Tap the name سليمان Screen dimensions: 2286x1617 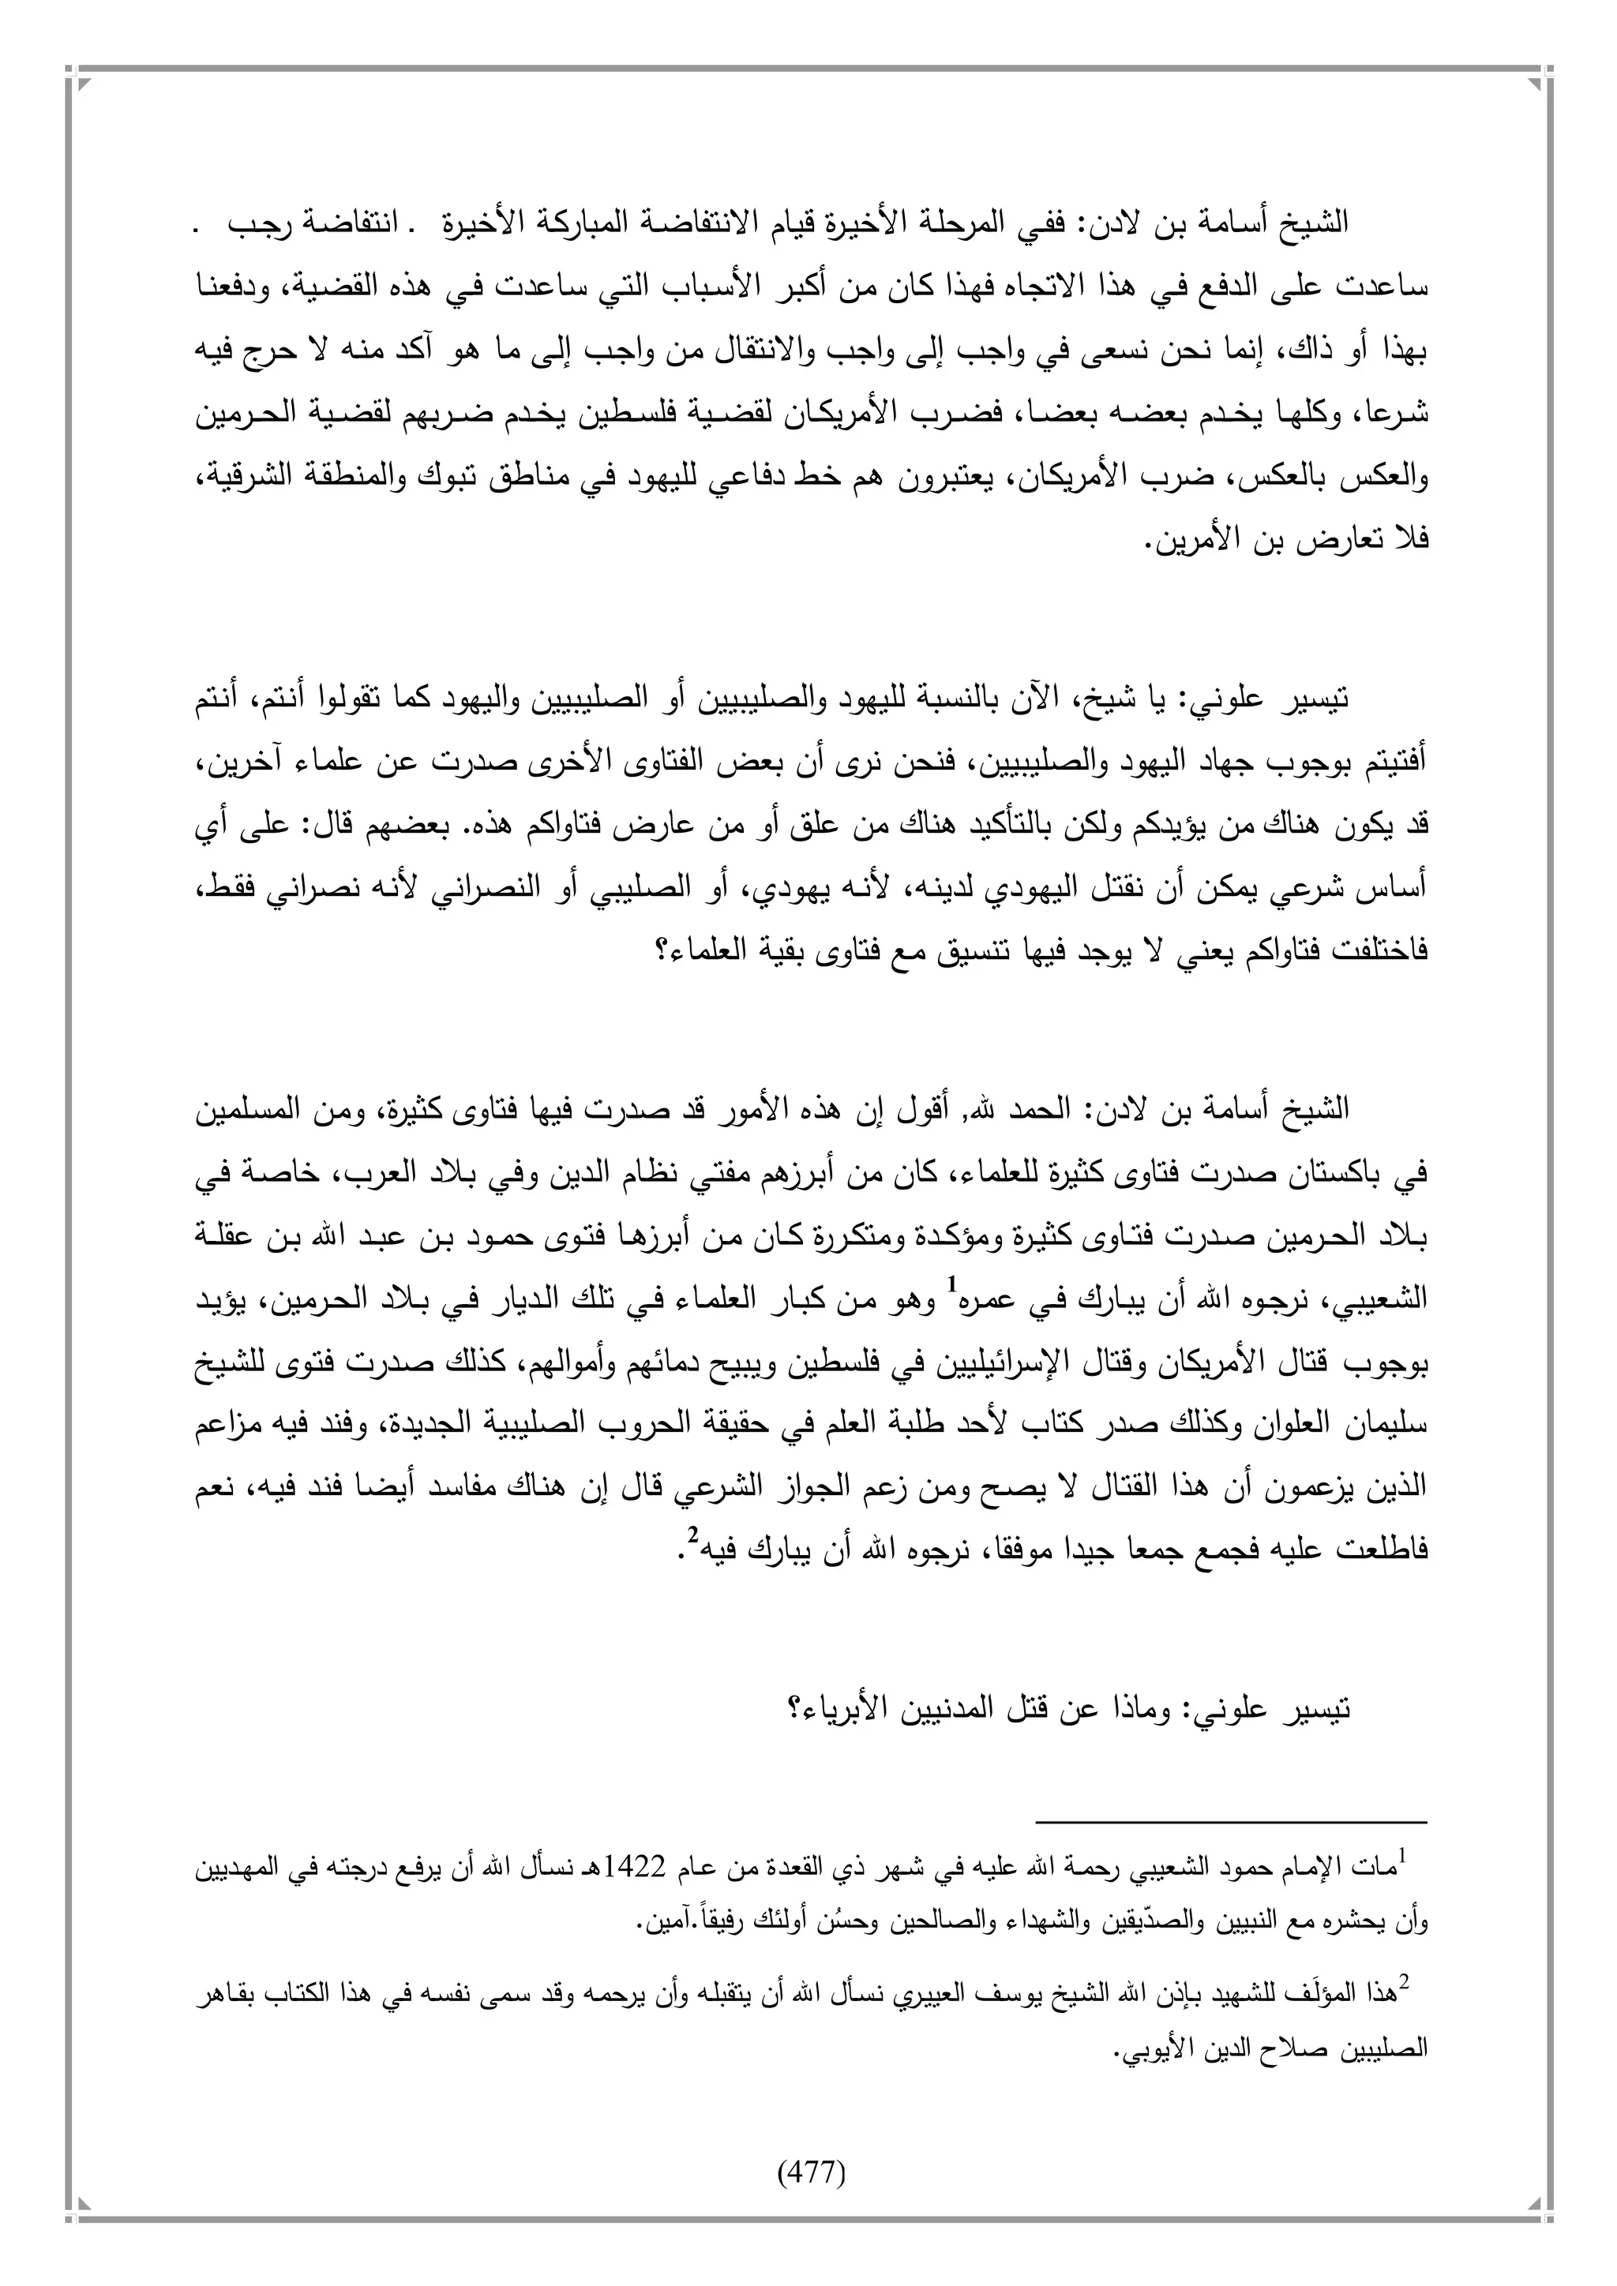click(x=1399, y=1426)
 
